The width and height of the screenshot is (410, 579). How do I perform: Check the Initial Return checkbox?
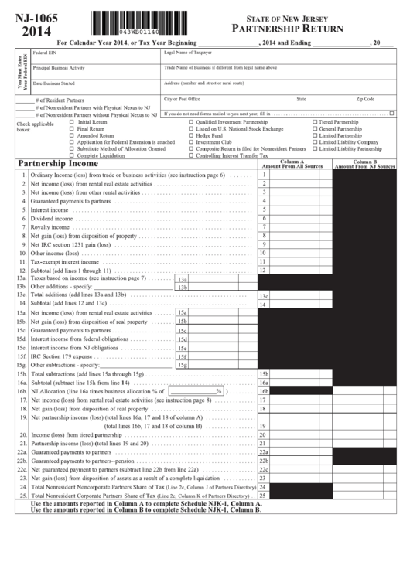tap(72, 122)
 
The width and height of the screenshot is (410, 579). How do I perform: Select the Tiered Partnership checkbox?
tap(315, 122)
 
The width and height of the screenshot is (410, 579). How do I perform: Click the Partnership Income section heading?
tap(58, 164)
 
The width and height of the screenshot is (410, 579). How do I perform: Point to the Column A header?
tap(292, 164)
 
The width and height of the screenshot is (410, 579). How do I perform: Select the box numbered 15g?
tap(183, 364)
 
